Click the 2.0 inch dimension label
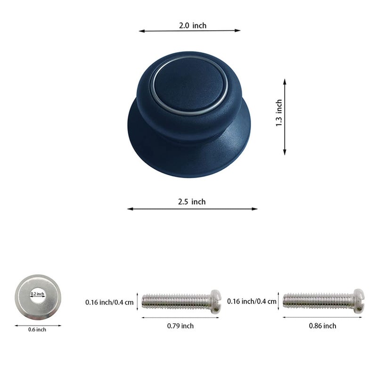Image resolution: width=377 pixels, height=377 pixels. [193, 25]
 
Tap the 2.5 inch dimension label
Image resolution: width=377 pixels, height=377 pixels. [192, 202]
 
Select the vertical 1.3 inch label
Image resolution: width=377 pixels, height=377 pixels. [279, 113]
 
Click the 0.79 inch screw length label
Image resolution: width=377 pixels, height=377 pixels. [180, 326]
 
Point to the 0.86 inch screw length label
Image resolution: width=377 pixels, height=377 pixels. [322, 326]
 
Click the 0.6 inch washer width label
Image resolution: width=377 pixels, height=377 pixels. [37, 329]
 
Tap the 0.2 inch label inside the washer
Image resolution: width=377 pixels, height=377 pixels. [37, 294]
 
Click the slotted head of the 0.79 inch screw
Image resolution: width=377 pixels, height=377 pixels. [216, 302]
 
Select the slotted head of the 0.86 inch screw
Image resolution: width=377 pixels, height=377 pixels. [359, 301]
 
